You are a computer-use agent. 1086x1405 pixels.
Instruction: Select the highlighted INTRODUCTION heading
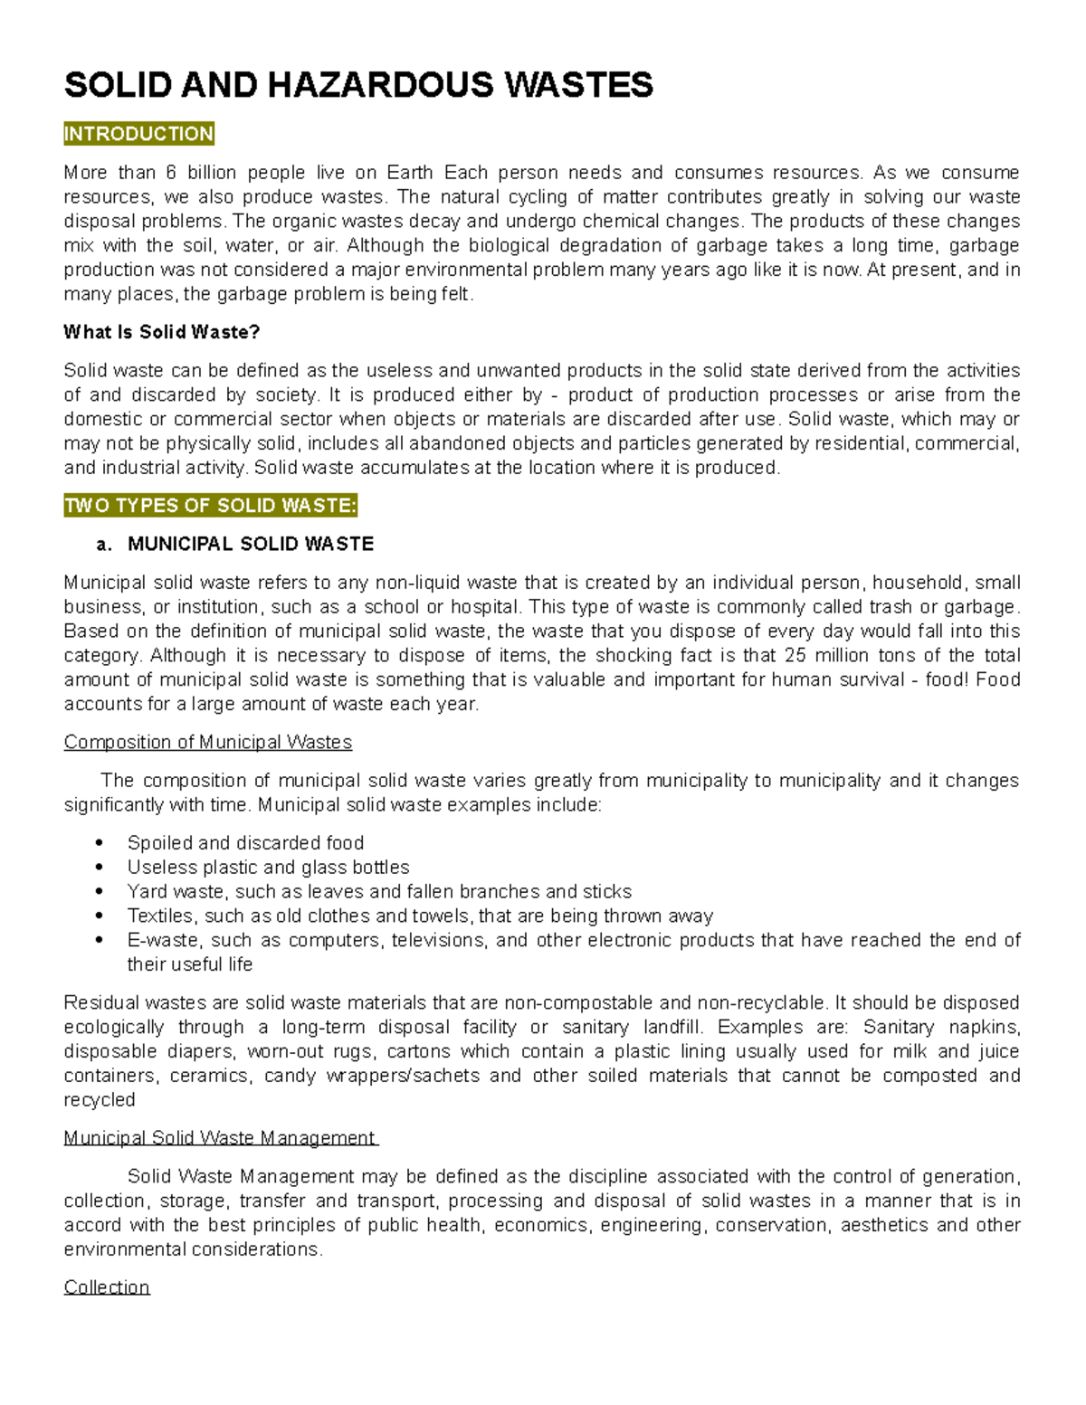tap(138, 134)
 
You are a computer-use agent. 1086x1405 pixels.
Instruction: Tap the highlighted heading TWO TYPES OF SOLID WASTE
tap(210, 506)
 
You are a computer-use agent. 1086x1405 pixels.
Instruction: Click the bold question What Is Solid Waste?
tap(161, 332)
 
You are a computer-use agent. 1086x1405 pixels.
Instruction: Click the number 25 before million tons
tap(795, 655)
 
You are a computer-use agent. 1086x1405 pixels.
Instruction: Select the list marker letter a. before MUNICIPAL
tap(104, 545)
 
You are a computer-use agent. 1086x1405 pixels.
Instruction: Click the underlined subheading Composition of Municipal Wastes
tap(207, 742)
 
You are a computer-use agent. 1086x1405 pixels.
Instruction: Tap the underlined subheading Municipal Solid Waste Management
tap(219, 1138)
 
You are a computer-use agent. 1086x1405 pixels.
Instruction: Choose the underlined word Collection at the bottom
tap(106, 1287)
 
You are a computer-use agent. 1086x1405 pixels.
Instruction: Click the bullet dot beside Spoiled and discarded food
tap(100, 843)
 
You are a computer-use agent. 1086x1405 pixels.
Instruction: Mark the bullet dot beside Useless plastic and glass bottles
tap(100, 868)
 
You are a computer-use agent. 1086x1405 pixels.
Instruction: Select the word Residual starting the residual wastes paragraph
tap(101, 1002)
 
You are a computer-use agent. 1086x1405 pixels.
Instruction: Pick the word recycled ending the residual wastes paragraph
tap(99, 1100)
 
